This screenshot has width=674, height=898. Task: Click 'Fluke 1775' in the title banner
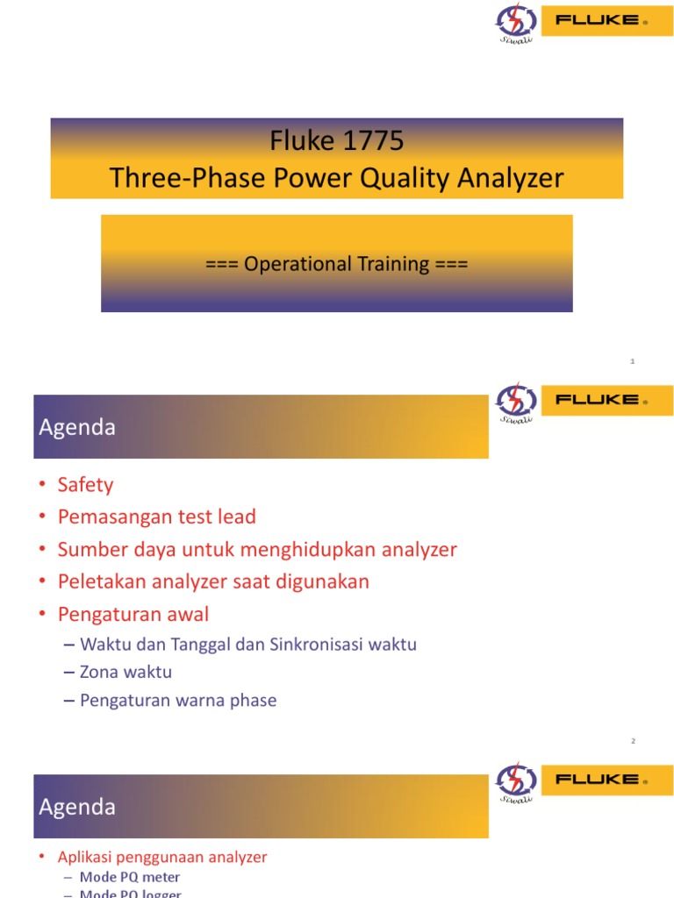(336, 141)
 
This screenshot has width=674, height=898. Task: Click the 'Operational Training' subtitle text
(336, 264)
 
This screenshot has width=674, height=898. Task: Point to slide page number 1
(632, 361)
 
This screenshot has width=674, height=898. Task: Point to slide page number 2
(632, 741)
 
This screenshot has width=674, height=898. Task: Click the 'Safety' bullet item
(85, 485)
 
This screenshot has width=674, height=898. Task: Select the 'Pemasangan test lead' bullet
(156, 517)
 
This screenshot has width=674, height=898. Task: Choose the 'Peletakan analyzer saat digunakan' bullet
(213, 581)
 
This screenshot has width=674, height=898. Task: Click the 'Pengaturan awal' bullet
(133, 614)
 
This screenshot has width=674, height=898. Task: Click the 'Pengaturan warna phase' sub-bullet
(178, 701)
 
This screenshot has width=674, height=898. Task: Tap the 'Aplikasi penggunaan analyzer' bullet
(162, 857)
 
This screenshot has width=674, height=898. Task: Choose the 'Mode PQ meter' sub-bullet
(130, 877)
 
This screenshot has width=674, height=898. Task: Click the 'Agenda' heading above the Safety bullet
(77, 427)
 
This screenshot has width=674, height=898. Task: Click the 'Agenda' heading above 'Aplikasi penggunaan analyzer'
(77, 807)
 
